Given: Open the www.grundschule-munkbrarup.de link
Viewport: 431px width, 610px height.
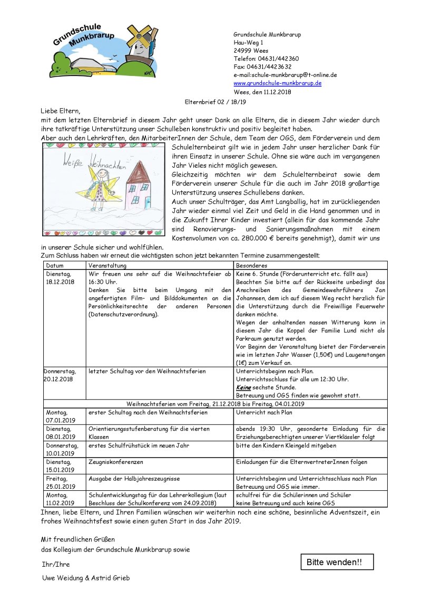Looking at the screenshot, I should click(x=277, y=83).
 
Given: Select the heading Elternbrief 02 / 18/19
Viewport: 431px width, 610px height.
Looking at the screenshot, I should click(x=215, y=102).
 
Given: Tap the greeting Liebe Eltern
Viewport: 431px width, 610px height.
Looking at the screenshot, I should click(x=60, y=111).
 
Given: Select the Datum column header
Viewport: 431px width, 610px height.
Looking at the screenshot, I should click(x=55, y=266).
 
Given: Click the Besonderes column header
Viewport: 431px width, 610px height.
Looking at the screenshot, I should click(x=252, y=266).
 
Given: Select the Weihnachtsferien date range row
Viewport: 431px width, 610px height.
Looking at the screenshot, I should click(x=215, y=404).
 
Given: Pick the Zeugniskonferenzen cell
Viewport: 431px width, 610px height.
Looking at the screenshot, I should click(x=116, y=462).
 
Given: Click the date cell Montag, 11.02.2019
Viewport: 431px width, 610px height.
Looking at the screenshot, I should click(x=61, y=499).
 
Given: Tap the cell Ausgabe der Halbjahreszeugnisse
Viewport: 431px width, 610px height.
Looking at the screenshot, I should click(x=134, y=478).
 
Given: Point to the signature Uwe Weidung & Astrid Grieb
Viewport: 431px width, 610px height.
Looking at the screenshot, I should click(x=86, y=578).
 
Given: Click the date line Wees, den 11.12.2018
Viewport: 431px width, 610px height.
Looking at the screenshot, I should click(x=262, y=92).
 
